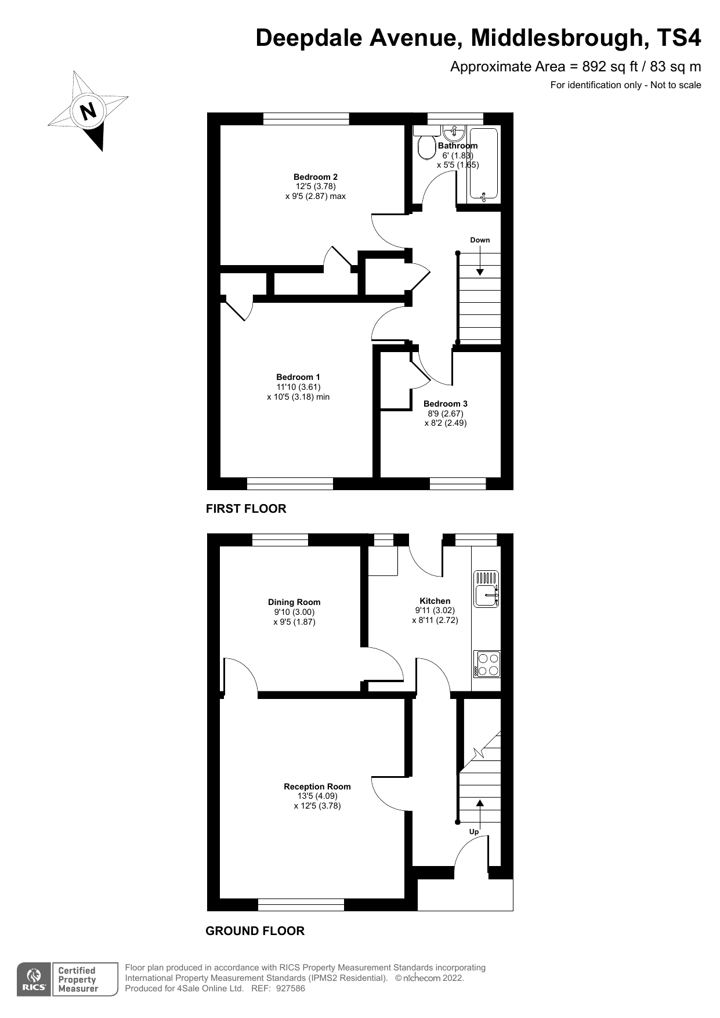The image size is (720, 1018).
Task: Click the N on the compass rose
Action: click(88, 110)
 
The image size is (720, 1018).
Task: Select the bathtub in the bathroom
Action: click(483, 165)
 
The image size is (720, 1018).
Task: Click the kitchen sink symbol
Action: click(486, 589)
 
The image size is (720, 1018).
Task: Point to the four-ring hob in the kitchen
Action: click(487, 664)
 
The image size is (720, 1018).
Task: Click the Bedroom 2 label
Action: click(316, 177)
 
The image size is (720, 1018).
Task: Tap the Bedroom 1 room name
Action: click(298, 377)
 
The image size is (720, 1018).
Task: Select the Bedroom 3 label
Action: click(446, 404)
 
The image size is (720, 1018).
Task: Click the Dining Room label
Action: click(294, 602)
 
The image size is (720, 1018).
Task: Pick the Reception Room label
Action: click(317, 787)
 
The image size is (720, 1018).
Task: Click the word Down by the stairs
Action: click(480, 240)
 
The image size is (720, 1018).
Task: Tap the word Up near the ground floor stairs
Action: click(474, 832)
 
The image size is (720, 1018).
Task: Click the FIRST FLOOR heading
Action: click(246, 509)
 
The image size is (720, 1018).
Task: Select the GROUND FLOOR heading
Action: click(255, 931)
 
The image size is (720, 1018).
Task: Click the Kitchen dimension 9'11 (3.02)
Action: click(435, 611)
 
